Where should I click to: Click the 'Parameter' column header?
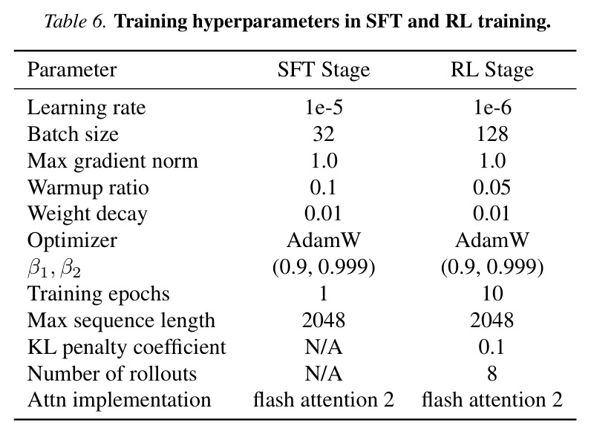(72, 70)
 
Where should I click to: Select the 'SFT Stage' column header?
(324, 70)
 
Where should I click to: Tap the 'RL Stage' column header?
(492, 70)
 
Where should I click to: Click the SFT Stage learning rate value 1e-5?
(324, 108)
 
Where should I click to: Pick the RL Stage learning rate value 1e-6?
(492, 108)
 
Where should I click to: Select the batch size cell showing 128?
(492, 134)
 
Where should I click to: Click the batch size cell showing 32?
(324, 134)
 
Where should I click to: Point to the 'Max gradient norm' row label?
(112, 162)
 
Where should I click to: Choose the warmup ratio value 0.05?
(492, 187)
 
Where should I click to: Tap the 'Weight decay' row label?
(87, 214)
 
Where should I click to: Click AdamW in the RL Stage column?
(492, 240)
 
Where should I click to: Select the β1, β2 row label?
(54, 269)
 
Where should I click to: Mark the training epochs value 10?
(492, 294)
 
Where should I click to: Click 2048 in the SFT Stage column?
(324, 320)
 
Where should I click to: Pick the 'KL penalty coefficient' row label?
(127, 347)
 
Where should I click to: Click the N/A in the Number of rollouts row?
(324, 374)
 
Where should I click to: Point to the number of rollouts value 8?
(492, 374)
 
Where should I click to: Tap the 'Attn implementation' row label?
(119, 401)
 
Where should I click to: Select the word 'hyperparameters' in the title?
(266, 22)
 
